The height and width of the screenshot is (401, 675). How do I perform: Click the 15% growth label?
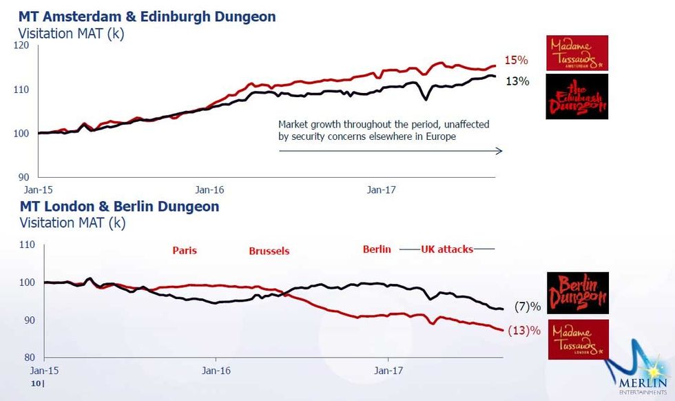[517, 60]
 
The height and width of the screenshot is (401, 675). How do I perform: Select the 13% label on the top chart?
[517, 81]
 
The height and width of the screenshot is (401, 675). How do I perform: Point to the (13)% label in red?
[523, 330]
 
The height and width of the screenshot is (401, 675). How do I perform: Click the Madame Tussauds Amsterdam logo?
[577, 53]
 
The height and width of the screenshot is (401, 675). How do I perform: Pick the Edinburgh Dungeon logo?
[577, 97]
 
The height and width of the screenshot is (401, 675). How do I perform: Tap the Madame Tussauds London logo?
[577, 338]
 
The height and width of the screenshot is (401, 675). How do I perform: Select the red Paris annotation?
[185, 250]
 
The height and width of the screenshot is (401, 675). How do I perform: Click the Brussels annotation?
[269, 251]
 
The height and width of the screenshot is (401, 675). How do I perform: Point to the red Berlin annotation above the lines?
[377, 249]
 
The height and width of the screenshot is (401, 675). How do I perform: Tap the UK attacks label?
[447, 249]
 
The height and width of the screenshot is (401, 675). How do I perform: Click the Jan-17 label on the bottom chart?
[387, 370]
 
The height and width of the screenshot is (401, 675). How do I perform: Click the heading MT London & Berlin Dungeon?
[119, 206]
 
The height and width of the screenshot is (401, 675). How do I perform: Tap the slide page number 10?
[37, 382]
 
